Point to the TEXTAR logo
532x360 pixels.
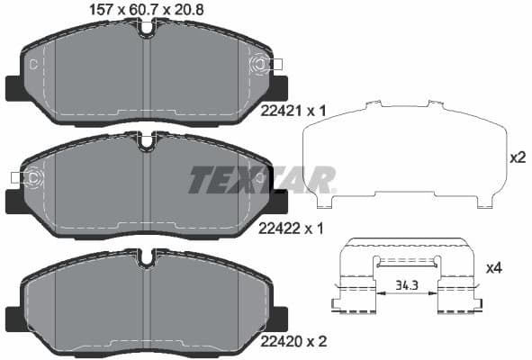[x=262, y=179]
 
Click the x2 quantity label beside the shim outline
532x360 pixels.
[x=518, y=157]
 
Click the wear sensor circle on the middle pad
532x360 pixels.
[x=33, y=177]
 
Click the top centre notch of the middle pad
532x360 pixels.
[x=148, y=141]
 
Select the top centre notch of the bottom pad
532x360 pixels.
[x=148, y=256]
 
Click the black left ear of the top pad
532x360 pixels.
[x=15, y=88]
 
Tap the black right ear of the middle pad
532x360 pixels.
[x=278, y=202]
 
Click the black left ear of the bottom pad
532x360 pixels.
[x=15, y=317]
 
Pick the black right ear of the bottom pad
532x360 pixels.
[x=278, y=317]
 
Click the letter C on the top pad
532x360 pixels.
[x=33, y=64]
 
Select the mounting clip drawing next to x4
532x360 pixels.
[x=405, y=277]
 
